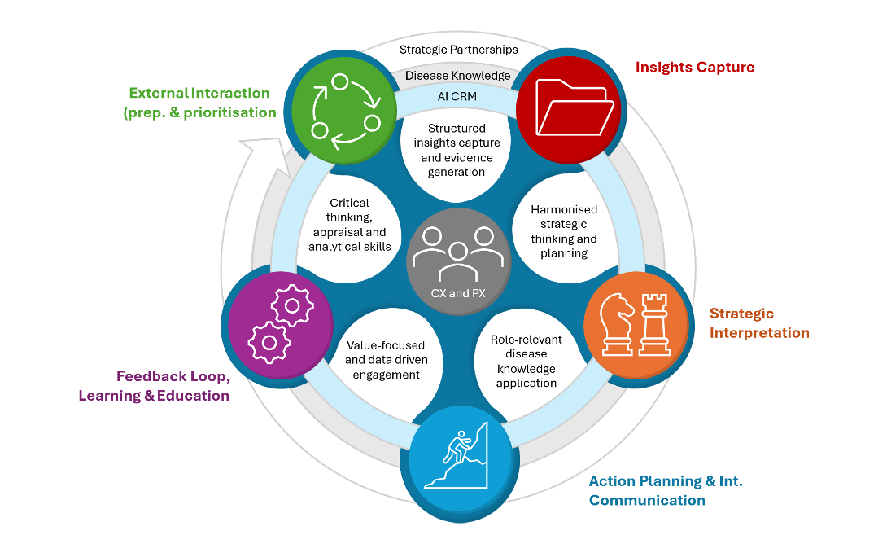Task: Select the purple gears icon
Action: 281,324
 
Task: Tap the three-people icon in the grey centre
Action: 457,253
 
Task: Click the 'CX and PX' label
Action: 458,293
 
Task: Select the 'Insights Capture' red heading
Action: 695,67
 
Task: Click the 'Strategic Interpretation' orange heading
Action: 759,323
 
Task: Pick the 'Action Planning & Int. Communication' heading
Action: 666,491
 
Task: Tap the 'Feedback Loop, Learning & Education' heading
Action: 154,385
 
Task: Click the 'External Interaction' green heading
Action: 199,103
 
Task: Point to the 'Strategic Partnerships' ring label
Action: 459,50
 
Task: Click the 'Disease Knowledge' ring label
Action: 457,75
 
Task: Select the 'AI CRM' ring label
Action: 457,96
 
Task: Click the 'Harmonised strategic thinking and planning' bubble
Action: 564,231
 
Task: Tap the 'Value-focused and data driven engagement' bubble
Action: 387,360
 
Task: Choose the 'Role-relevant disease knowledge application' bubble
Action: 527,361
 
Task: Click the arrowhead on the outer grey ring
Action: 265,156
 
